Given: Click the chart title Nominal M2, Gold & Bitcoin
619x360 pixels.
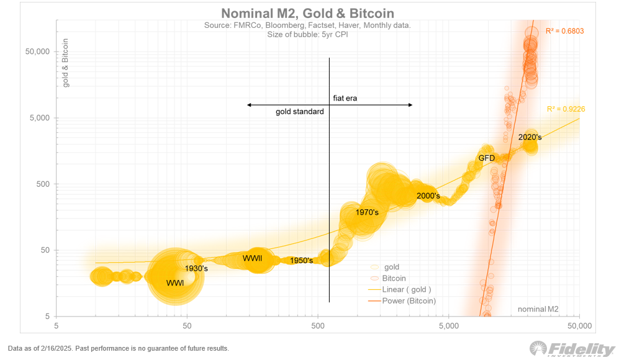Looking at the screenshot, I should (308, 14).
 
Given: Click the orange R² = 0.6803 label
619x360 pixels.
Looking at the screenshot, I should (564, 30).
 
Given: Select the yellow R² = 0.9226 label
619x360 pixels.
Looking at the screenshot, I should (566, 109).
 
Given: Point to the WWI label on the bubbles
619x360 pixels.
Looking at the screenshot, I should (176, 283).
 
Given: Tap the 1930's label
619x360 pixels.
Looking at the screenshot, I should (197, 269).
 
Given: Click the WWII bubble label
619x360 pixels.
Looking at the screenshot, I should (252, 258).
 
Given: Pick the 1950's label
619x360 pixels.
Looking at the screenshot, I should (301, 261).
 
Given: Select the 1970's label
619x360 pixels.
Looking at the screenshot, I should (367, 212).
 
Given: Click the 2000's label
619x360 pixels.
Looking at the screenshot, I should (428, 196).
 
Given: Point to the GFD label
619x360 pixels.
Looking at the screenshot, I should (486, 158).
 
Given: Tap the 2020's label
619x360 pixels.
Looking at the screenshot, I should (530, 137).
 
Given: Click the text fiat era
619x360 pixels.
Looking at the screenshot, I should (345, 98).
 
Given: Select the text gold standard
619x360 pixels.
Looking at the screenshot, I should (300, 112).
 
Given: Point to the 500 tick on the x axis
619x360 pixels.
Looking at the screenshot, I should (318, 325).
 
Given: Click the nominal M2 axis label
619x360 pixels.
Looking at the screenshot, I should (538, 309).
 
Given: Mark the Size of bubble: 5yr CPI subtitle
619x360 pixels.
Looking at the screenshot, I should (307, 35).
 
